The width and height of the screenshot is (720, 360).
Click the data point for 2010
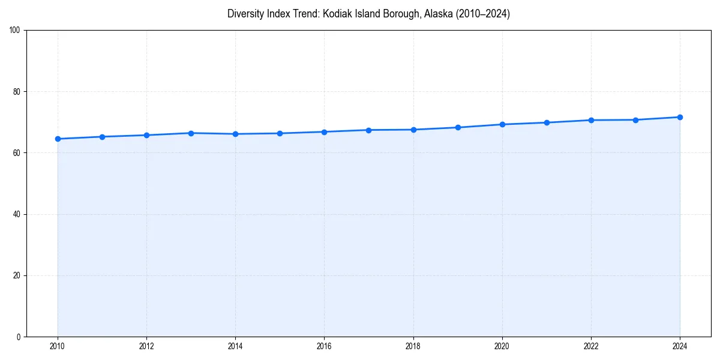tap(58, 139)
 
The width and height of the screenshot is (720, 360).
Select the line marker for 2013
tap(191, 133)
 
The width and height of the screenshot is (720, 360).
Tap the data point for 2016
tap(324, 132)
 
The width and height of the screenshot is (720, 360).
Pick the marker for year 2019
tap(458, 127)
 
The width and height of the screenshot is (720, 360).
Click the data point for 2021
tap(547, 122)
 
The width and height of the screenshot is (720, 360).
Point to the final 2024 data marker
tap(680, 117)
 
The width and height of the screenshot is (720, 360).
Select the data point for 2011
tap(102, 137)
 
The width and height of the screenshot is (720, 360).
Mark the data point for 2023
tap(635, 120)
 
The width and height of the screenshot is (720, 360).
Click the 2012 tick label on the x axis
tap(146, 346)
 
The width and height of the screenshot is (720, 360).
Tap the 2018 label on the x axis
tap(413, 346)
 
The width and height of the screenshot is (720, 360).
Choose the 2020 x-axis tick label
tap(502, 346)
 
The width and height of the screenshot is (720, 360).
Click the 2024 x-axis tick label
tap(680, 346)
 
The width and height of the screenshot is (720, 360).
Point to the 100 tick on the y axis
tap(16, 30)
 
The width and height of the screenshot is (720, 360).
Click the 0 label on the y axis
tap(19, 337)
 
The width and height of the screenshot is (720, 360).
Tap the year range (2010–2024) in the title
tap(483, 14)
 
